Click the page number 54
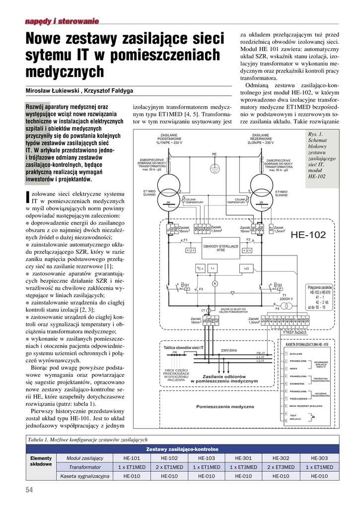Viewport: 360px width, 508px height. [x=29, y=490]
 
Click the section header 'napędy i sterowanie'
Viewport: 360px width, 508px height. [x=62, y=20]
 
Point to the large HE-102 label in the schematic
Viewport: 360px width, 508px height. [x=308, y=234]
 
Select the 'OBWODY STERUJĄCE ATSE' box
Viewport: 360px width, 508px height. [x=221, y=248]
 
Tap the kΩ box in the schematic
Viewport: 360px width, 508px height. [x=245, y=268]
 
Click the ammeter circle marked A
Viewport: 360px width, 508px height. [x=215, y=283]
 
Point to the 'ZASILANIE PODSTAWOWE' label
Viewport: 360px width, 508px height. [x=169, y=138]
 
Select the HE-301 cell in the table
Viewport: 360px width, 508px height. [x=243, y=458]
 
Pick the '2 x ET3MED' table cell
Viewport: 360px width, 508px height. [x=281, y=467]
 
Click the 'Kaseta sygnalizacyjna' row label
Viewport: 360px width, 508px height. [x=85, y=476]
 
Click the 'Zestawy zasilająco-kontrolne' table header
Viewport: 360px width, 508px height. [x=182, y=449]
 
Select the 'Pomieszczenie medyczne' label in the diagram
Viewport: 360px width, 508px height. [x=225, y=406]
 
